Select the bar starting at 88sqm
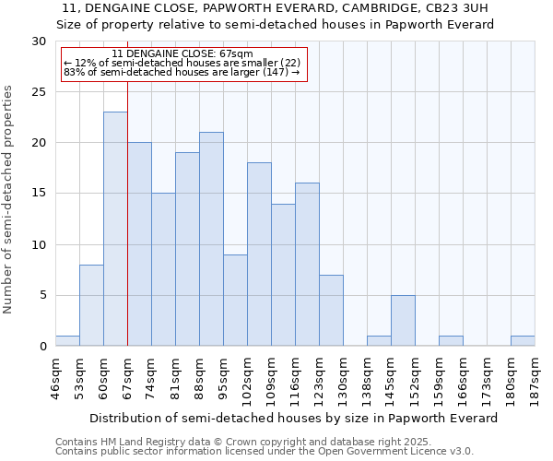pyautogui.click(x=211, y=239)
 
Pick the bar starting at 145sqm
pyautogui.click(x=403, y=320)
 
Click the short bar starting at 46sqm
pyautogui.click(x=67, y=341)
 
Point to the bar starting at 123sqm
pyautogui.click(x=331, y=310)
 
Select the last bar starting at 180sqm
pyautogui.click(x=523, y=341)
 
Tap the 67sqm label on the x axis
pyautogui.click(x=127, y=375)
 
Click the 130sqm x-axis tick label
pyautogui.click(x=344, y=375)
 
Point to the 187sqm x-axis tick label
pyautogui.click(x=535, y=375)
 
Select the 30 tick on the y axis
pyautogui.click(x=39, y=41)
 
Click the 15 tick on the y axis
pyautogui.click(x=39, y=194)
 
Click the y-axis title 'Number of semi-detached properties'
pyautogui.click(x=8, y=199)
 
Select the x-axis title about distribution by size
pyautogui.click(x=295, y=418)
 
